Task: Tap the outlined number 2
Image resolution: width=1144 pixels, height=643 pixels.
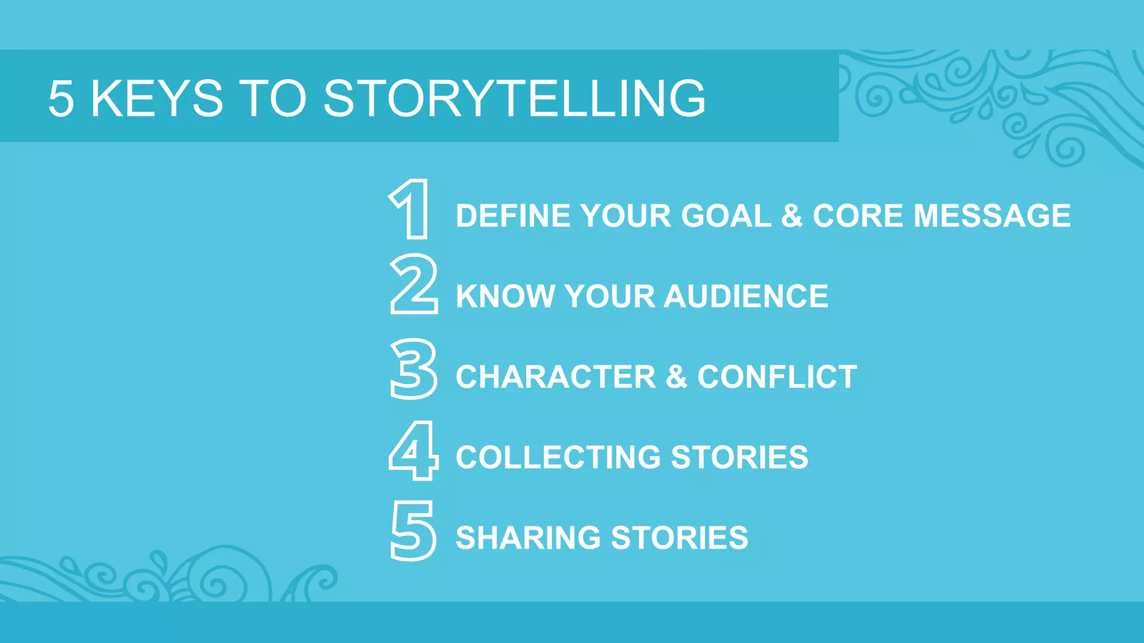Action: (x=413, y=285)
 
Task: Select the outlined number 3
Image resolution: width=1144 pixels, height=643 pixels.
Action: (x=413, y=369)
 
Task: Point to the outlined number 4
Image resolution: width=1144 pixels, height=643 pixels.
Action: (x=413, y=450)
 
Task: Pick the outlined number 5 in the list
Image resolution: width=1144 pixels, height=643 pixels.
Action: (x=413, y=531)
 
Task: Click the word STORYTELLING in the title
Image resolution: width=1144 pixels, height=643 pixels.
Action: (x=514, y=99)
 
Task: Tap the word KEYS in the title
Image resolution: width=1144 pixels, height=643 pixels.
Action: (x=157, y=99)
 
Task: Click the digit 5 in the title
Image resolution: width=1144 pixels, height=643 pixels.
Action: (x=61, y=99)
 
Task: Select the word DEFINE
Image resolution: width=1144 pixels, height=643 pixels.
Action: (x=513, y=216)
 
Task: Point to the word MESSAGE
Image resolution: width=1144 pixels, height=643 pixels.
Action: (x=992, y=216)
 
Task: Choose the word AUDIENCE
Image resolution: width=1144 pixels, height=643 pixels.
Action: (x=746, y=296)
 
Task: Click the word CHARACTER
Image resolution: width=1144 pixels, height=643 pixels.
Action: (x=556, y=377)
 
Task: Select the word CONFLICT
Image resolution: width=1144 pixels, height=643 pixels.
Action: (x=776, y=377)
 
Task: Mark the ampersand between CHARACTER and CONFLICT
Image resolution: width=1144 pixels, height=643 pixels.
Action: (x=676, y=377)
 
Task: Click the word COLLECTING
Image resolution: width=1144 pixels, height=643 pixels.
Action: (x=558, y=457)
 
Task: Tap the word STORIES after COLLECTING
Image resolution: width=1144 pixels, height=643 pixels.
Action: (x=739, y=457)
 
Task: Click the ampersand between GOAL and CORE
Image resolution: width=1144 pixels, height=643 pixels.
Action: (x=792, y=216)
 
